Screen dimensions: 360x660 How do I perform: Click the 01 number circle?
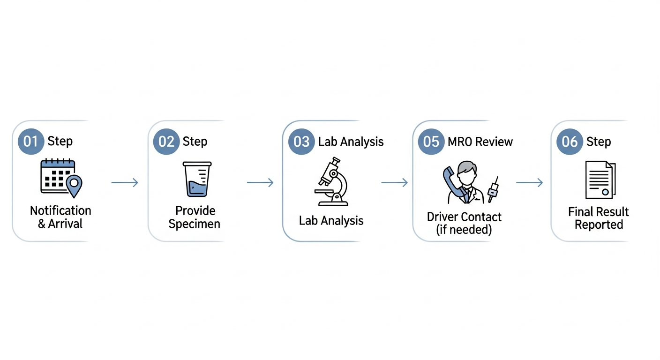pos(30,142)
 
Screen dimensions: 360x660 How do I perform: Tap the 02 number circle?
pos(166,142)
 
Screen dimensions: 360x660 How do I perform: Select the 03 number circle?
pos(301,142)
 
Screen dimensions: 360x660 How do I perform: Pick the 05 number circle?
pos(431,142)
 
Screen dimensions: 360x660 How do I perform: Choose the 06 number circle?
pos(570,142)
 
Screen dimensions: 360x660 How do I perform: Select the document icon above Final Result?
pos(600,180)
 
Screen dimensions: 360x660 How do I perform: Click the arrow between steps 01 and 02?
pos(125,182)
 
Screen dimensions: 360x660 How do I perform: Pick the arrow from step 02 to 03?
pos(260,182)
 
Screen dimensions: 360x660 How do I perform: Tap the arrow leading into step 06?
pos(529,182)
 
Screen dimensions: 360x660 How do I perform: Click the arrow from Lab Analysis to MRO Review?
pos(394,182)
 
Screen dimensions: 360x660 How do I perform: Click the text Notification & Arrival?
pos(60,217)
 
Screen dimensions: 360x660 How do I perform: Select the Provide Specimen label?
pos(195,217)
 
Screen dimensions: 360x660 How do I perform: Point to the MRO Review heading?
pos(480,142)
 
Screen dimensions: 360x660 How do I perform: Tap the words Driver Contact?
pos(464,217)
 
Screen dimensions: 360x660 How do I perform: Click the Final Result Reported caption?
pos(599,218)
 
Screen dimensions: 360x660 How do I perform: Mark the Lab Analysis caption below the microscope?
pos(331,220)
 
